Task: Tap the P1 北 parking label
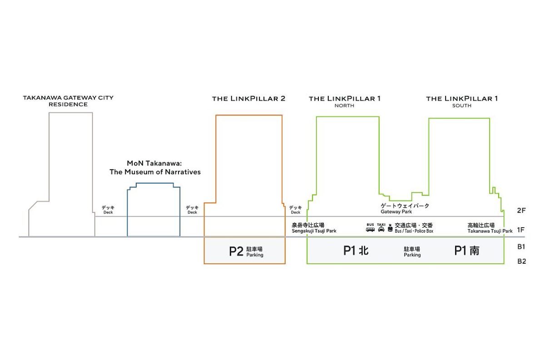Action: point(356,250)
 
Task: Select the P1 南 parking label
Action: point(466,250)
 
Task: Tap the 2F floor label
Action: point(521,211)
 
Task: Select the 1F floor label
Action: point(521,230)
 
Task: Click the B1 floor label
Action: point(521,247)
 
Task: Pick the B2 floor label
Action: point(521,262)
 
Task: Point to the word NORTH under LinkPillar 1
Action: point(344,106)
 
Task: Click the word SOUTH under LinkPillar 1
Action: point(461,106)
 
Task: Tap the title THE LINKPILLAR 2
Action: point(248,99)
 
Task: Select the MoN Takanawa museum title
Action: point(155,168)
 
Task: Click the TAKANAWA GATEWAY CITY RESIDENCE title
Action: point(68,101)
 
